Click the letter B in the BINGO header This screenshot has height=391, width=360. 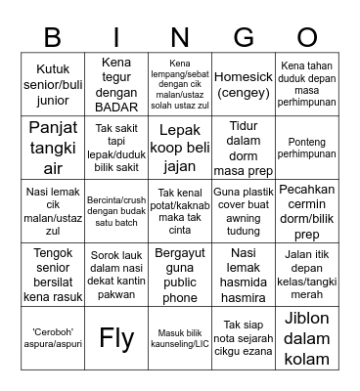(x=53, y=37)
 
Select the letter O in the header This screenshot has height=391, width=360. (x=306, y=37)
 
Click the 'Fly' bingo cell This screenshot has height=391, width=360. (x=116, y=338)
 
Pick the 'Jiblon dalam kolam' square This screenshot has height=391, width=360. (x=306, y=337)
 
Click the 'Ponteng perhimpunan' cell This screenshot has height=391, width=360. (x=306, y=147)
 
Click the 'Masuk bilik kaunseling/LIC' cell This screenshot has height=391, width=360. (x=180, y=337)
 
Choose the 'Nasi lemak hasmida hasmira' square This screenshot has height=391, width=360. (x=244, y=275)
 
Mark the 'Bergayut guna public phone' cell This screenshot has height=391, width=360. (x=180, y=275)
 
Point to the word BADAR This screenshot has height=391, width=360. (x=116, y=107)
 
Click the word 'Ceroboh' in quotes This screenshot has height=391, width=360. (x=42, y=330)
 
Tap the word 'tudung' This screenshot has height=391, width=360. (x=244, y=232)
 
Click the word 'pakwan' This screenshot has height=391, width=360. (x=116, y=296)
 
